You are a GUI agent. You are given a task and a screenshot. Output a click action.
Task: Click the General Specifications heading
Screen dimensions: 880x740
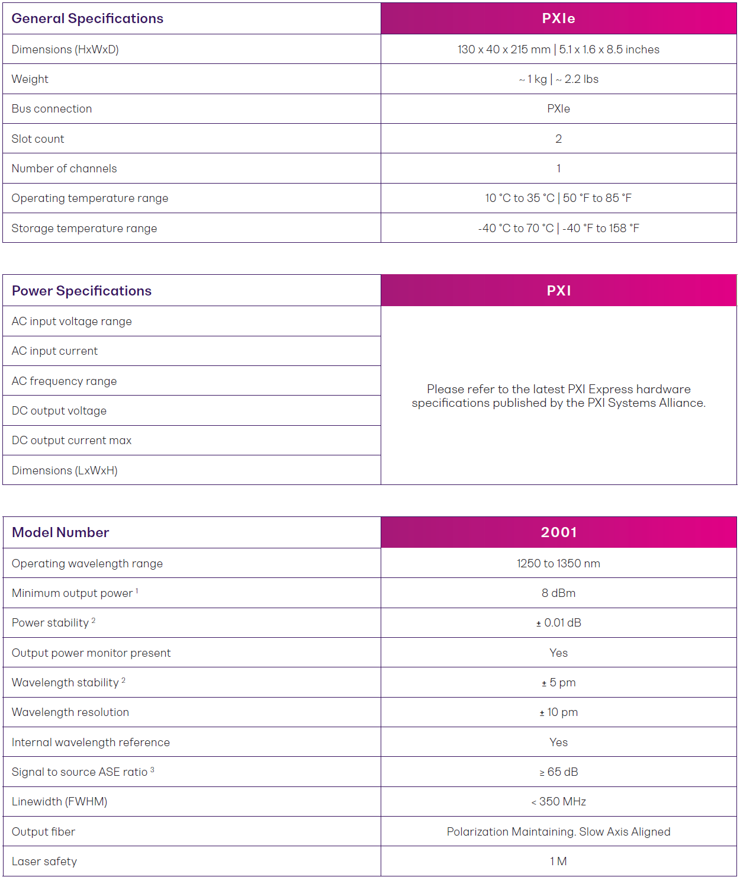click(x=87, y=18)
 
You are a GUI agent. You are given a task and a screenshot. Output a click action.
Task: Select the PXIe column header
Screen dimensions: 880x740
click(x=558, y=18)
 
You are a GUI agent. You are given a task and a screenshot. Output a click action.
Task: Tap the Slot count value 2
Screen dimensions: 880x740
click(x=558, y=139)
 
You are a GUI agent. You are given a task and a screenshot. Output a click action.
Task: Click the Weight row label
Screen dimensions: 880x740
click(x=30, y=79)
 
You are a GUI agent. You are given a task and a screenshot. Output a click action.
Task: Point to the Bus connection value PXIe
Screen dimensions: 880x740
click(x=558, y=109)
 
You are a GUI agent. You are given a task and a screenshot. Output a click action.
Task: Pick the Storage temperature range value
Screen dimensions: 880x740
click(x=558, y=228)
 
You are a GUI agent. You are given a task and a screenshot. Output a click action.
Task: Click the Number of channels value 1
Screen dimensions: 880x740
click(x=558, y=169)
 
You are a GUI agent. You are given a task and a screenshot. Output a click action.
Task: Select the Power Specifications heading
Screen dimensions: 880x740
click(x=82, y=291)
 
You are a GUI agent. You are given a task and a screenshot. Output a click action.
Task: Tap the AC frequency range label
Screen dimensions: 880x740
click(x=64, y=381)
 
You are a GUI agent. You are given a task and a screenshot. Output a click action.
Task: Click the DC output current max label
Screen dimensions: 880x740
click(x=72, y=441)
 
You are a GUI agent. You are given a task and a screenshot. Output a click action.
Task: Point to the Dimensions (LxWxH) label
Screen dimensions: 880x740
click(x=65, y=471)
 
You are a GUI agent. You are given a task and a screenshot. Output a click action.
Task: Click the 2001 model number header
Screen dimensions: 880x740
click(x=558, y=532)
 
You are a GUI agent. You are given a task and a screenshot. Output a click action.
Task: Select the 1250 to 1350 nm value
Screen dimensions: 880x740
click(x=558, y=564)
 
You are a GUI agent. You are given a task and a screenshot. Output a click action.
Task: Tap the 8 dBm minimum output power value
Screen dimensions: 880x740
click(x=558, y=593)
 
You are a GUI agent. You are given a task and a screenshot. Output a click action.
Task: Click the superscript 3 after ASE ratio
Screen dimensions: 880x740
click(x=152, y=770)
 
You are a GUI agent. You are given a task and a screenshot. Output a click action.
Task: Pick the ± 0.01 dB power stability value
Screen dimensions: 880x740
click(x=558, y=623)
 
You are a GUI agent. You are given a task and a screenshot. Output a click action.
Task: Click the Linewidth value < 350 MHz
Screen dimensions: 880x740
click(x=558, y=802)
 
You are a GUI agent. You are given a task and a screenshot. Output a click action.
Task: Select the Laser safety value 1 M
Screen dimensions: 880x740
click(x=558, y=862)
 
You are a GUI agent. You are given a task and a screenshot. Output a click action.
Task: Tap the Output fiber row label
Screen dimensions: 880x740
click(x=43, y=832)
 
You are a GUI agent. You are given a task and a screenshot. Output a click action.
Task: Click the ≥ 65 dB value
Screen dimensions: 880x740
click(x=558, y=772)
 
